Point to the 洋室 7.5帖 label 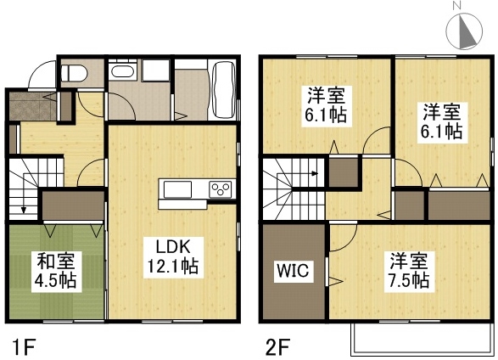click(x=409, y=271)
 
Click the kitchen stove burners click(x=221, y=188)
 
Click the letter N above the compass click(x=456, y=7)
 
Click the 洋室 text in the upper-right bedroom click(x=442, y=111)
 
